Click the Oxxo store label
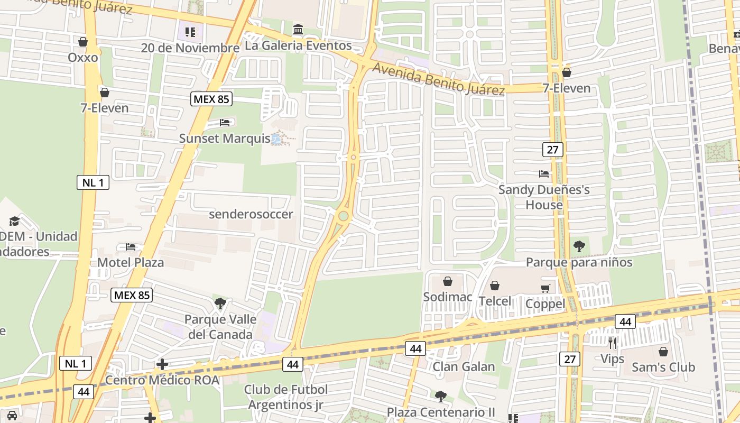tap(83, 57)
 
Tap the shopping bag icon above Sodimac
tap(448, 281)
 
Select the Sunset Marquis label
tap(225, 139)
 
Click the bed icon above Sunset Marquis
tap(225, 123)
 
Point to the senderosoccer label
tap(251, 214)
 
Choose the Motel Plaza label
tap(131, 262)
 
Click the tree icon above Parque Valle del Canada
tap(220, 304)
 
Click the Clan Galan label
tap(464, 366)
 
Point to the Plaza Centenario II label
tap(441, 412)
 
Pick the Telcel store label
tap(495, 301)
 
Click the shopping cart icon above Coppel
tap(545, 288)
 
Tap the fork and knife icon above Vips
tap(612, 343)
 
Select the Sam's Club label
tap(663, 367)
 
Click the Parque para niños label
tap(579, 262)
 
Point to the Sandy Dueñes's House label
tap(544, 197)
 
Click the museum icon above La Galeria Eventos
tap(298, 30)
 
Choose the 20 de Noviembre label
tap(190, 48)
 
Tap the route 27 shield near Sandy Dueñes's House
tap(552, 150)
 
